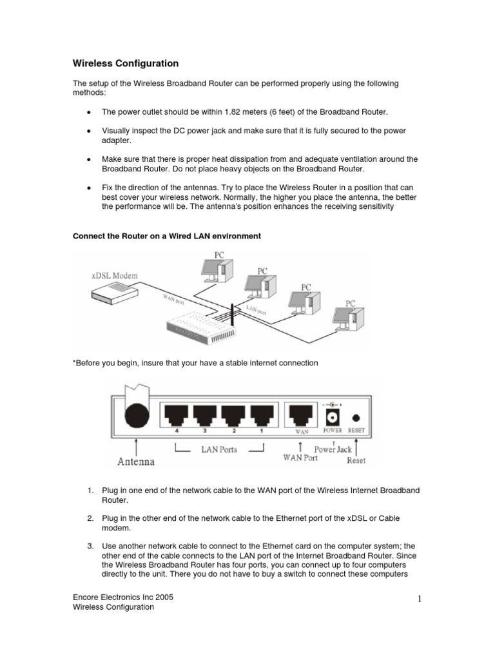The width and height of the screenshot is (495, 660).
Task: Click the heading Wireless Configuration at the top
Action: (x=125, y=64)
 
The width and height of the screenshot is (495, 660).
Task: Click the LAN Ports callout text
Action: (x=220, y=449)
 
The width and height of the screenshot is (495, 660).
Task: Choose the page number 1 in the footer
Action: (x=418, y=600)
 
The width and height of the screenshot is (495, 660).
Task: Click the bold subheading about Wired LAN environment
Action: (x=167, y=237)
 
